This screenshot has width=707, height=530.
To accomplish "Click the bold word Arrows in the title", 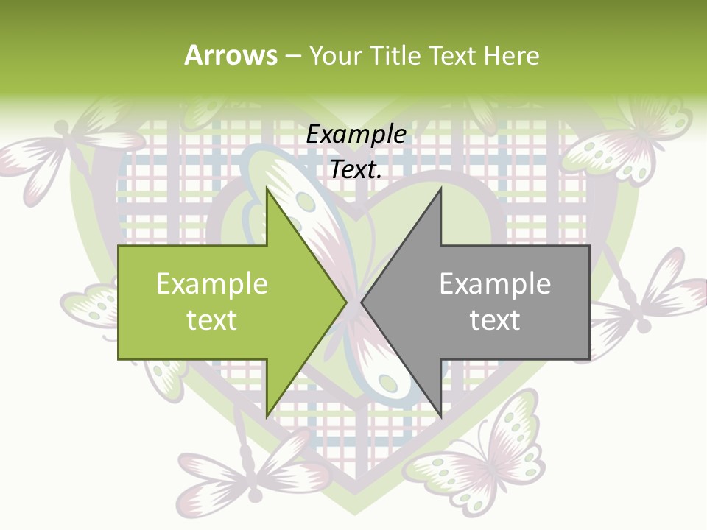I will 231,55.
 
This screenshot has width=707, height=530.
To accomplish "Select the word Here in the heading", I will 511,55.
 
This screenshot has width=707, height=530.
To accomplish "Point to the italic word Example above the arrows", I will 356,135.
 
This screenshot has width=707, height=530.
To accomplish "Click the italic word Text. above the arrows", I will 356,170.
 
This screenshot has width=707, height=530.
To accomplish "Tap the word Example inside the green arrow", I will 211,284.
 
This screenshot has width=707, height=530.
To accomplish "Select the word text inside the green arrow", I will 211,320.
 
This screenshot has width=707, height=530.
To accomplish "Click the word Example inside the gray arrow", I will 495,284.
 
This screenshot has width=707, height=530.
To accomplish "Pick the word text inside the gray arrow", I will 495,320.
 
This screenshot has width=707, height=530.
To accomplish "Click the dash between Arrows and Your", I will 292,56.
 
